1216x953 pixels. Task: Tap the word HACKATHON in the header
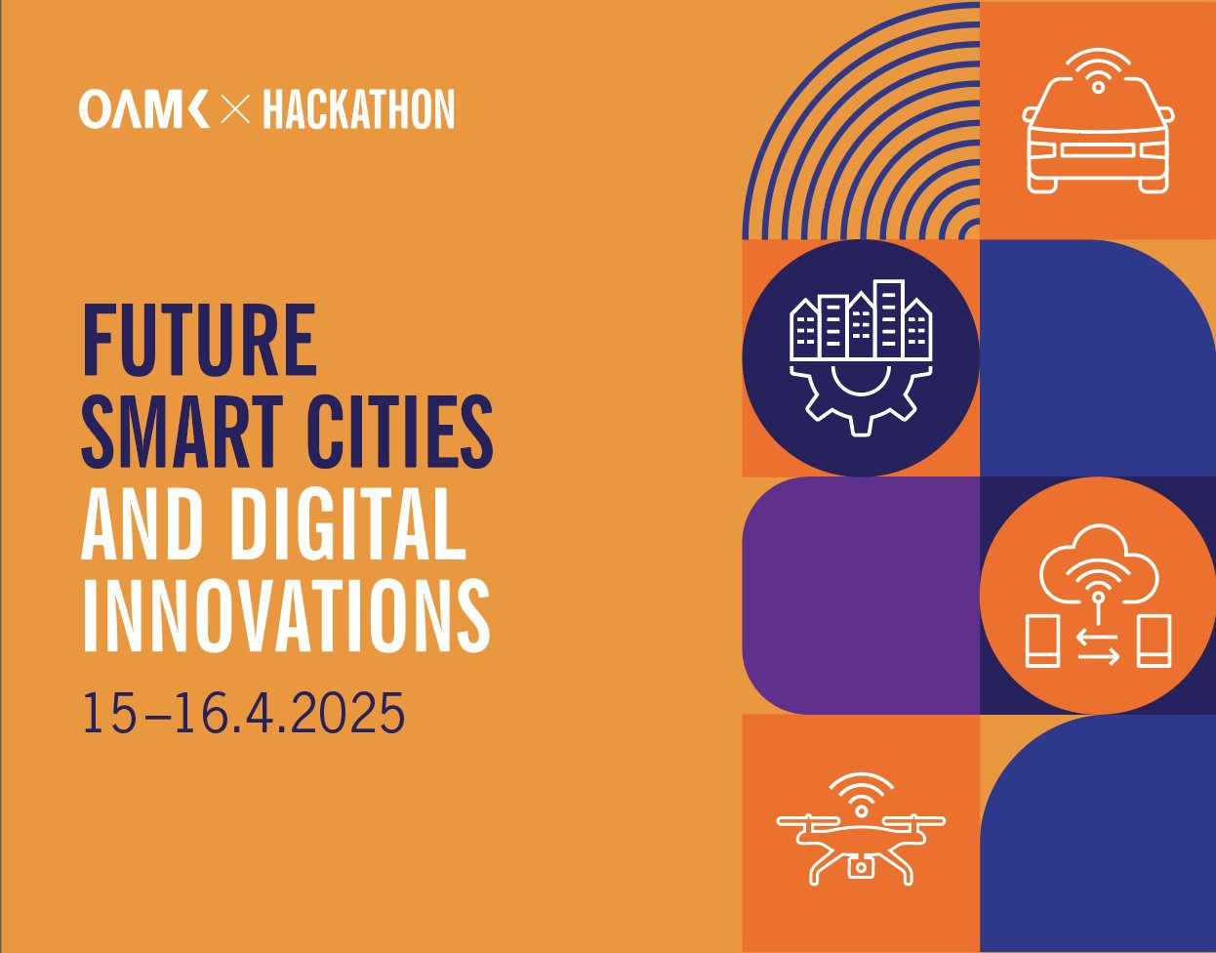[358, 109]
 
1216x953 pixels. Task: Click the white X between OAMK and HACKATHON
[235, 110]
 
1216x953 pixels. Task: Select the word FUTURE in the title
[199, 341]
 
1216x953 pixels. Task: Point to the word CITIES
[400, 433]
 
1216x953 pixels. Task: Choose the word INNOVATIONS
[285, 616]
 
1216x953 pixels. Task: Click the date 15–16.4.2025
[243, 713]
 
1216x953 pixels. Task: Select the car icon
[1098, 137]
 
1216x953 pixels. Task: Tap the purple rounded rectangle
[859, 596]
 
